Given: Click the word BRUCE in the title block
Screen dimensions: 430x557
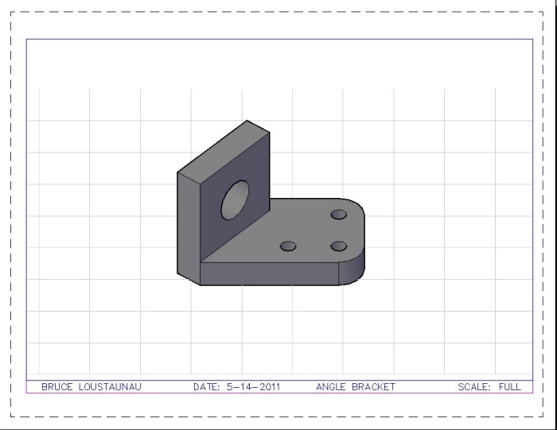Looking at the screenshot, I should [56, 387].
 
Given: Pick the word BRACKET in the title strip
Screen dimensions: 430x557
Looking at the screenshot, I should [373, 387].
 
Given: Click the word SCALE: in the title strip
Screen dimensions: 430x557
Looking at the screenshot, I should [474, 387].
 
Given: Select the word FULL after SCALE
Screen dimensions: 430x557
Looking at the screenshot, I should [509, 387].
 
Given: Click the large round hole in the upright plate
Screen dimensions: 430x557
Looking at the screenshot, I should [236, 199].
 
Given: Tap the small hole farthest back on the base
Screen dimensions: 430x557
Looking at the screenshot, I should [339, 215].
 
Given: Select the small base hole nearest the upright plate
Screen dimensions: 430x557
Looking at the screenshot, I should [288, 246].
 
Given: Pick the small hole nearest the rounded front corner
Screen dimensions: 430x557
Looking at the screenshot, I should [339, 246].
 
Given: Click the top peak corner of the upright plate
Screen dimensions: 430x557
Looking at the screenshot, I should [247, 121].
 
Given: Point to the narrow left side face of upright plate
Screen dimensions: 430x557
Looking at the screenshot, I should [188, 227].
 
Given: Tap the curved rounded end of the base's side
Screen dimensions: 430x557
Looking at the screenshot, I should [355, 269].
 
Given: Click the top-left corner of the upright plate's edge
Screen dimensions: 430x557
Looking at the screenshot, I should [177, 172].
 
